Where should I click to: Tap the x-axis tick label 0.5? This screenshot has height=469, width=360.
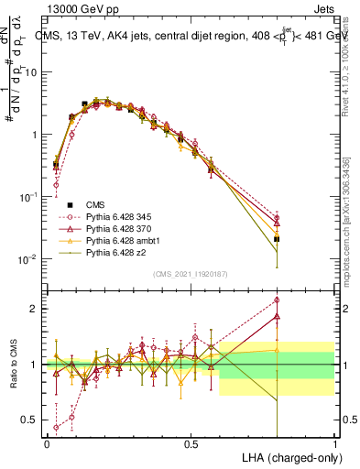coord(191,443)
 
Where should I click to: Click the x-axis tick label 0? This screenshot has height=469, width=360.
coord(47,443)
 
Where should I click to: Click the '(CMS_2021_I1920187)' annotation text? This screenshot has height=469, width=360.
coord(191,273)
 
